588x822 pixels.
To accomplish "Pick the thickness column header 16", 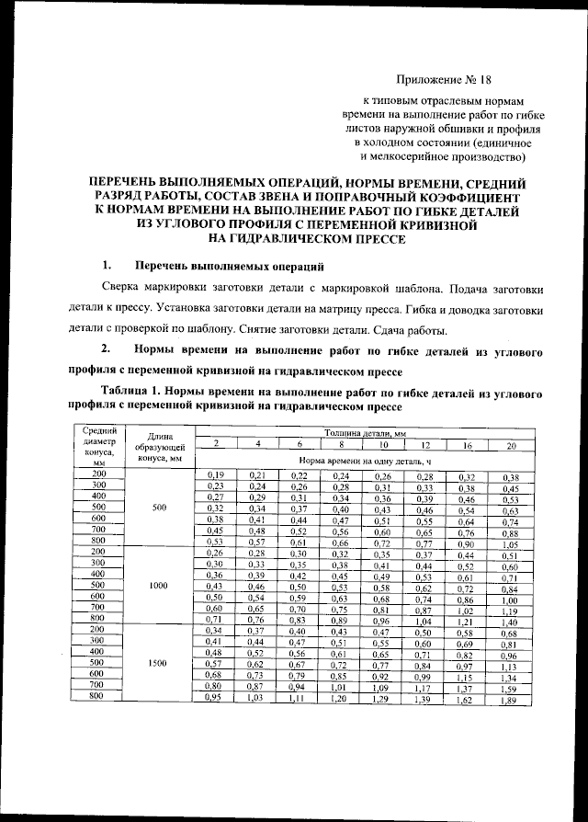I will (467, 445).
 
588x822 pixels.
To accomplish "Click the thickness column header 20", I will (512, 445).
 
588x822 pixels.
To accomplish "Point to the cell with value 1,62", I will (467, 701).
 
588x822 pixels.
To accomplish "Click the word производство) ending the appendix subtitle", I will (489, 156).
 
